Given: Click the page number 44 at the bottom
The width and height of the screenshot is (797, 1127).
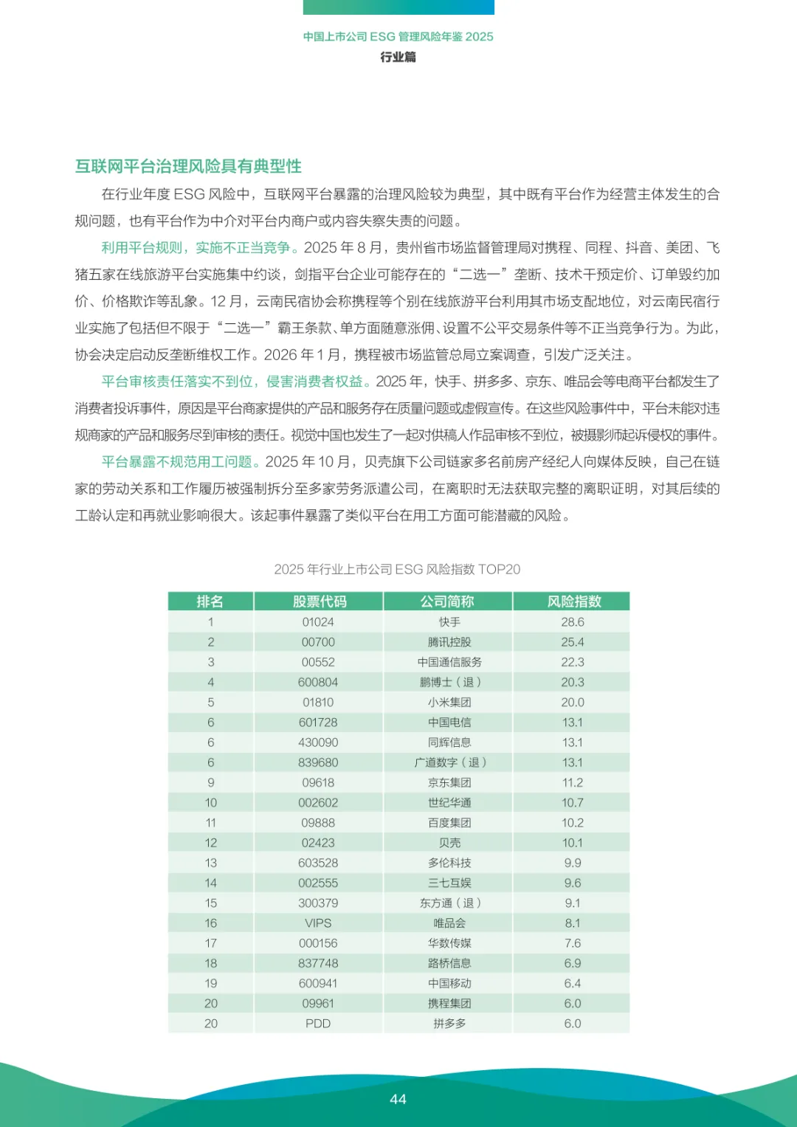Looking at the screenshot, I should [x=398, y=1099].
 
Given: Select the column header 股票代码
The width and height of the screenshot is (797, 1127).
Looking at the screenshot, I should [x=319, y=602].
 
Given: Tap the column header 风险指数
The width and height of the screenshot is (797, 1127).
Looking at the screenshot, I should [x=573, y=602].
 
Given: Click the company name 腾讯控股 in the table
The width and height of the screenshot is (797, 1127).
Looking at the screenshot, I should [x=449, y=642].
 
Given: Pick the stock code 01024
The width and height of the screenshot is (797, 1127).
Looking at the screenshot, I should [x=318, y=622].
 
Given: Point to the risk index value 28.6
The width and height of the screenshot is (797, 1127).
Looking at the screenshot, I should [x=572, y=622].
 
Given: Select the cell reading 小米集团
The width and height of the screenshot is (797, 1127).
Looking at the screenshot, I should [x=449, y=703].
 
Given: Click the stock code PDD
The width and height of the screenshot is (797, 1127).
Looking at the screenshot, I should [x=318, y=1024].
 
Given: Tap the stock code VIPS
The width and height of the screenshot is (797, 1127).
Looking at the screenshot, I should [x=318, y=923].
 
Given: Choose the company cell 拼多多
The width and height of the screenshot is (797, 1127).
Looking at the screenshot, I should [x=449, y=1024].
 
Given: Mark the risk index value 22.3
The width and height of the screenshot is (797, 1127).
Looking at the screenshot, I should [x=572, y=662].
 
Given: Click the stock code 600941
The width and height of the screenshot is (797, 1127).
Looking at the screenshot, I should [x=318, y=983].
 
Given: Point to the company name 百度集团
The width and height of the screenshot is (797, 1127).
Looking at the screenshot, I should [x=449, y=823].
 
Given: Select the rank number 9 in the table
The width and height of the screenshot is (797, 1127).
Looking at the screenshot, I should [x=210, y=782].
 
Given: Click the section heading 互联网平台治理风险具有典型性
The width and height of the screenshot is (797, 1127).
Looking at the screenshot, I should [x=188, y=166].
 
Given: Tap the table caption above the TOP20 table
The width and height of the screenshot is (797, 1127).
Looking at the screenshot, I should [x=397, y=569].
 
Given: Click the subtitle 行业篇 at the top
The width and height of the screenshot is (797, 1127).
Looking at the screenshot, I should [x=398, y=57].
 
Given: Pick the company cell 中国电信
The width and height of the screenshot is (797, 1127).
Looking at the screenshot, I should [x=449, y=723].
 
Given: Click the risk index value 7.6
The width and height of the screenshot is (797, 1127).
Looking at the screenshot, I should [x=572, y=943].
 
